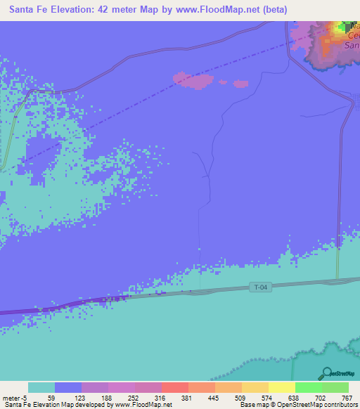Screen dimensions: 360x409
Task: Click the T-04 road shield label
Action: click(259, 287)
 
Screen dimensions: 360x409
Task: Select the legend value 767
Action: click(347, 397)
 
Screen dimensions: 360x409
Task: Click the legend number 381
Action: click(186, 397)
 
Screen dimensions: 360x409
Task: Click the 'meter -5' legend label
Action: click(15, 397)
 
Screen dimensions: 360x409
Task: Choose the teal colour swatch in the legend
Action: click(41, 387)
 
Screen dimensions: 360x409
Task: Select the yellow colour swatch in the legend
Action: click(281, 387)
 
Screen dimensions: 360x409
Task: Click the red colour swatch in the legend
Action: click(174, 387)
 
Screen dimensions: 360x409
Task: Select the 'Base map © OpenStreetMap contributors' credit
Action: click(297, 405)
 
